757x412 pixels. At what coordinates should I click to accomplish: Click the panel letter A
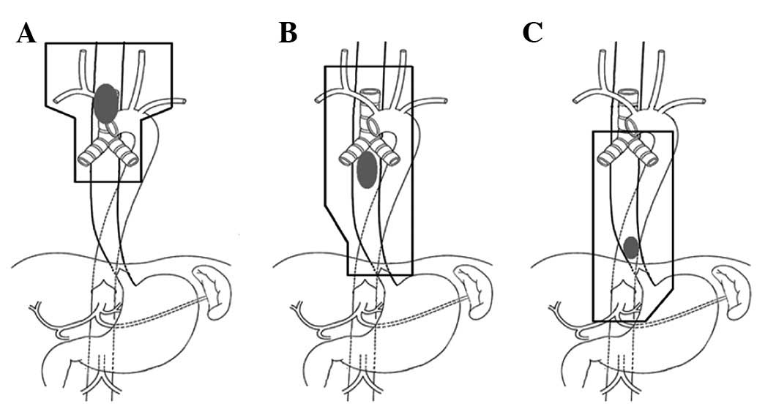tap(26, 34)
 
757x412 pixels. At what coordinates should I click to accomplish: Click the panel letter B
tap(288, 34)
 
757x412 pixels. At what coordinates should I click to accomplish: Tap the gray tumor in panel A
tap(105, 103)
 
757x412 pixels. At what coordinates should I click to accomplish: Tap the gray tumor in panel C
tap(631, 248)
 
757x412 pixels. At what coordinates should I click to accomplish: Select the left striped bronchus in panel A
tap(92, 154)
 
